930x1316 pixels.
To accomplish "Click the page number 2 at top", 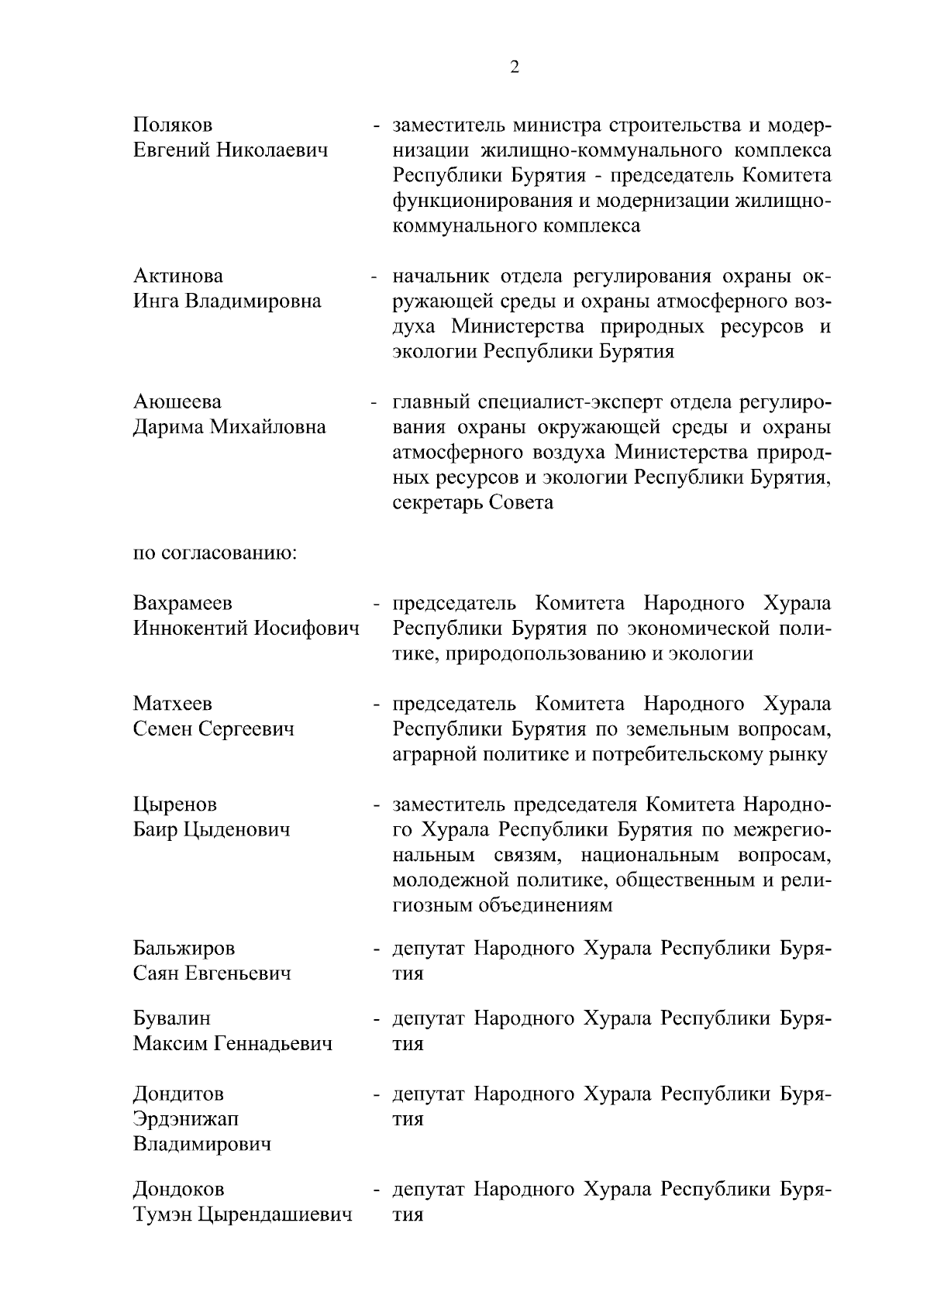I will [x=515, y=67].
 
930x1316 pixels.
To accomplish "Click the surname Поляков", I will [x=172, y=125].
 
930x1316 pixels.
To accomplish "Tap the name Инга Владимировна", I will [x=227, y=301].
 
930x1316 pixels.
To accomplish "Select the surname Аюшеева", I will [x=177, y=401].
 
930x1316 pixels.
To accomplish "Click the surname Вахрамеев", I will [x=182, y=603].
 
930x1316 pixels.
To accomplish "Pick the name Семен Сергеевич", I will [x=214, y=729].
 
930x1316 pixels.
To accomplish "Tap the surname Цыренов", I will [x=175, y=804].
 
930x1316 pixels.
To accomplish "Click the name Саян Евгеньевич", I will [x=212, y=973].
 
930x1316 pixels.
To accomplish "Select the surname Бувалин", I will [x=171, y=1018].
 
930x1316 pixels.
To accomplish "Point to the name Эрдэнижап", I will [x=186, y=1118].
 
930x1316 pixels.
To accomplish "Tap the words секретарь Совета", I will [x=473, y=502].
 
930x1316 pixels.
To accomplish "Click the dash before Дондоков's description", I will [x=376, y=1189].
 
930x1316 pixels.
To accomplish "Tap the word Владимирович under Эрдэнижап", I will [x=202, y=1143].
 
